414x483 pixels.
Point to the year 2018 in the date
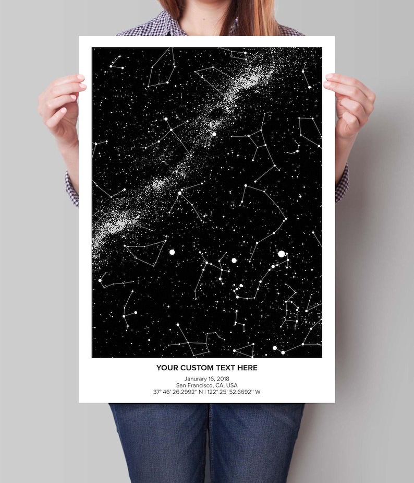coord(222,379)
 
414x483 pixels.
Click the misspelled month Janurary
coord(196,379)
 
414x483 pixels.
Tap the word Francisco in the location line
coord(200,385)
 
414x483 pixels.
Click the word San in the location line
coord(182,385)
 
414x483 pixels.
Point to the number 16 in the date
coord(211,379)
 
